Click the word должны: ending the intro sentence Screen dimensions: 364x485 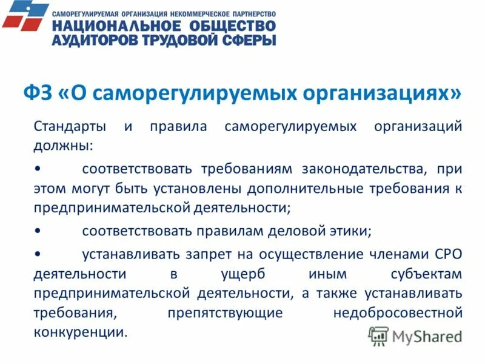[x=64, y=146]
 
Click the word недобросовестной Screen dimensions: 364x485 [x=398, y=313]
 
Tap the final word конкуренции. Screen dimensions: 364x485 [x=81, y=332]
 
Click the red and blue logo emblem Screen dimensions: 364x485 [x=25, y=16]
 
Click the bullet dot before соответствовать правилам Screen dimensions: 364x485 [x=38, y=231]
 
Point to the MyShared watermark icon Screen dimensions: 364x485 [x=378, y=335]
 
